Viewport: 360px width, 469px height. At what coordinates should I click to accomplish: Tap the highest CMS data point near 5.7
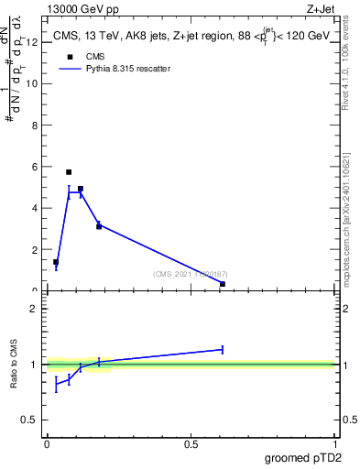pos(69,171)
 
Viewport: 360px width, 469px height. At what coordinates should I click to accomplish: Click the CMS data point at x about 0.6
pos(223,284)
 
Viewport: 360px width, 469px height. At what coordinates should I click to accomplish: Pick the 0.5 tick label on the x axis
pos(191,444)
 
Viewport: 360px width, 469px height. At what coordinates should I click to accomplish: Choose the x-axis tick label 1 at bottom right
pos(335,444)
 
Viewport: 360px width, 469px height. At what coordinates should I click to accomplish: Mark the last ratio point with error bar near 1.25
pos(223,349)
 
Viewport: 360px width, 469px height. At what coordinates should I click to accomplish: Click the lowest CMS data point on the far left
pos(56,262)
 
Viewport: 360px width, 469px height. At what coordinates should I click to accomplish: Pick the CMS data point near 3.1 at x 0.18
pos(99,226)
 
